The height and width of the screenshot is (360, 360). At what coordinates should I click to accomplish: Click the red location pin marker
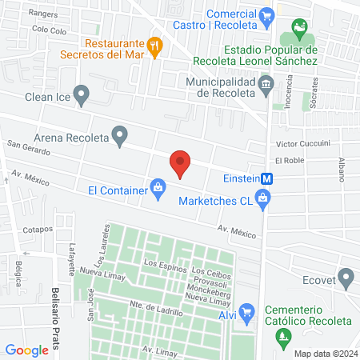pyautogui.click(x=180, y=163)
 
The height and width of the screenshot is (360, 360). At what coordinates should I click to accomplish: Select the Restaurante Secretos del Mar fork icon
pyautogui.click(x=156, y=46)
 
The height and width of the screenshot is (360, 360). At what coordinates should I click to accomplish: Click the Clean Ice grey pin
pyautogui.click(x=81, y=96)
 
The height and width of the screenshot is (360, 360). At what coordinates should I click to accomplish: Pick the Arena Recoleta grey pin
pyautogui.click(x=120, y=136)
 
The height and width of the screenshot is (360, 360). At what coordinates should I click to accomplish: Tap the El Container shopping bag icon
pyautogui.click(x=158, y=190)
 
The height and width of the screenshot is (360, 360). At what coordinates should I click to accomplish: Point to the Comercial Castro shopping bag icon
pyautogui.click(x=267, y=14)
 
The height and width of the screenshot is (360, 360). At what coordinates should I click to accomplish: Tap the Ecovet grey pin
pyautogui.click(x=346, y=278)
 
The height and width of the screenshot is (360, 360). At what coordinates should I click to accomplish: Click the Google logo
pyautogui.click(x=26, y=350)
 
